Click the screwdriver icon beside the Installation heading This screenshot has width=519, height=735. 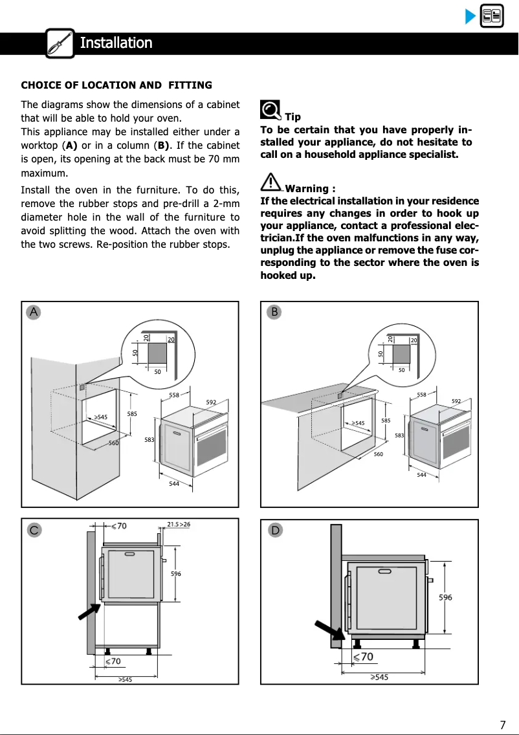[x=60, y=43]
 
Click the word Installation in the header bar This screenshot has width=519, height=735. [x=116, y=43]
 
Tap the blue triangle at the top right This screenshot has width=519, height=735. [x=470, y=16]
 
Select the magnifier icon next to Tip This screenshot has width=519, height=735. [x=271, y=111]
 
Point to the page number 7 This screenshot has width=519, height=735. [x=502, y=725]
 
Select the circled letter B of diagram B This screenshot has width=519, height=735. [x=274, y=312]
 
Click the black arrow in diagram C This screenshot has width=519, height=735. [x=89, y=611]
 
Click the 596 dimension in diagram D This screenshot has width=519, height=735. [x=445, y=597]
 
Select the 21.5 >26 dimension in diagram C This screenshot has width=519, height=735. [x=179, y=524]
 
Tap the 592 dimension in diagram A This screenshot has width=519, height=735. [x=211, y=402]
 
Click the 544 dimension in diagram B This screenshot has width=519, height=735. [x=422, y=475]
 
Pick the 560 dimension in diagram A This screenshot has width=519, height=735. [x=113, y=443]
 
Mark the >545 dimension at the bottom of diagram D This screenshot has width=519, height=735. [x=379, y=677]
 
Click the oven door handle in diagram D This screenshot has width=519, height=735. [x=384, y=571]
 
